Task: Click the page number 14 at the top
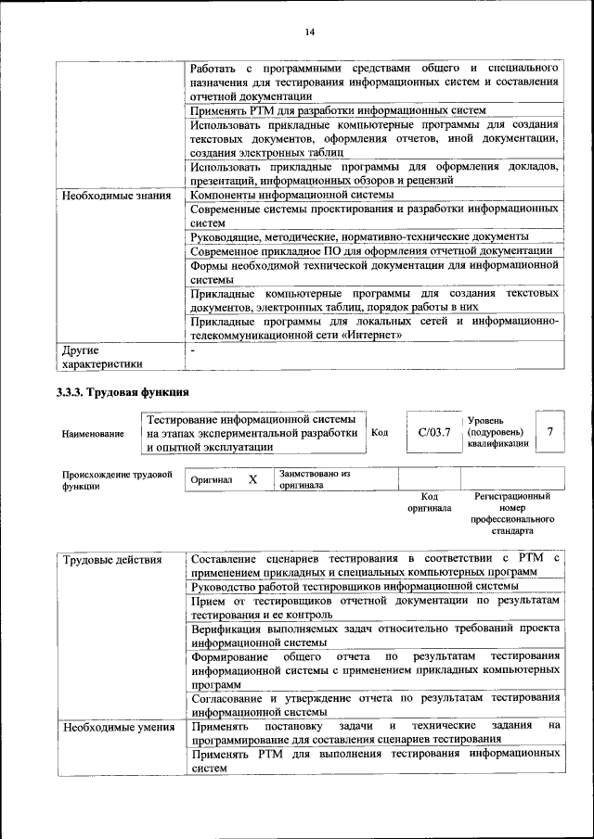pyautogui.click(x=309, y=33)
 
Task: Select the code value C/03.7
pyautogui.click(x=433, y=432)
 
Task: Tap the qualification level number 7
pyautogui.click(x=550, y=432)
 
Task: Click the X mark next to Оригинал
pyautogui.click(x=252, y=480)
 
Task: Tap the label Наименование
pyautogui.click(x=93, y=433)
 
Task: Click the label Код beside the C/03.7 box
pyautogui.click(x=380, y=432)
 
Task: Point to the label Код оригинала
pyautogui.click(x=430, y=502)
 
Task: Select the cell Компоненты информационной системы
pyautogui.click(x=291, y=196)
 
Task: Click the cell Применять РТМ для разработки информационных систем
pyautogui.click(x=338, y=109)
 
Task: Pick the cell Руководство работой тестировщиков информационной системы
pyautogui.click(x=354, y=586)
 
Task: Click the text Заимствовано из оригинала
pyautogui.click(x=314, y=478)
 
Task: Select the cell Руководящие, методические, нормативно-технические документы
pyautogui.click(x=359, y=237)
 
